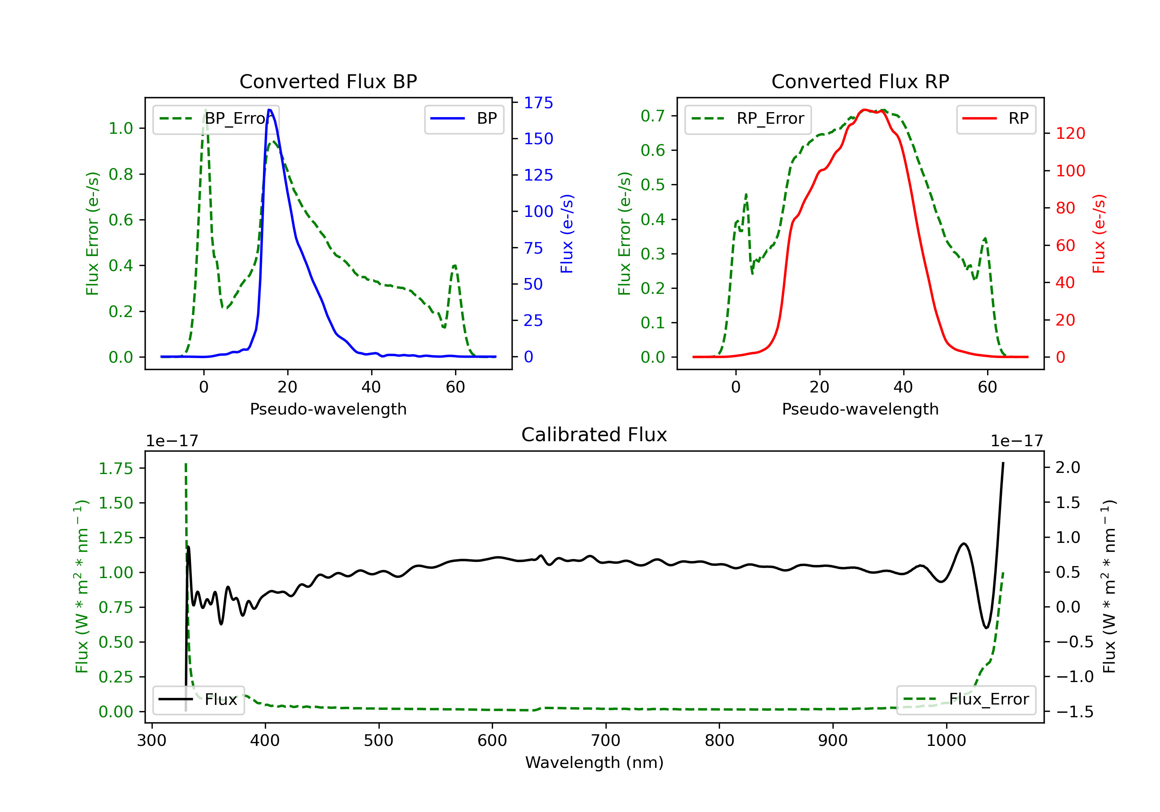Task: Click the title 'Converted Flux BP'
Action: (328, 81)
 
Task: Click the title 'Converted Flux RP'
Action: (860, 81)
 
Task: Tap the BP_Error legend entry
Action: (216, 119)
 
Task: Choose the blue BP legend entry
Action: (464, 119)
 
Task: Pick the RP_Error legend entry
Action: (748, 119)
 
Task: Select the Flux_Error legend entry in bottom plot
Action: (966, 699)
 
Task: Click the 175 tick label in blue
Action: (538, 103)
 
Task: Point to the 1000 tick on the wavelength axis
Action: (946, 741)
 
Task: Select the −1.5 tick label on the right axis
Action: (1074, 712)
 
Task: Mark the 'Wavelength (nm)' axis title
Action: (594, 763)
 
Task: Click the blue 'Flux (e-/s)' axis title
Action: (567, 234)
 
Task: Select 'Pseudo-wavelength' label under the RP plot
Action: (860, 409)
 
